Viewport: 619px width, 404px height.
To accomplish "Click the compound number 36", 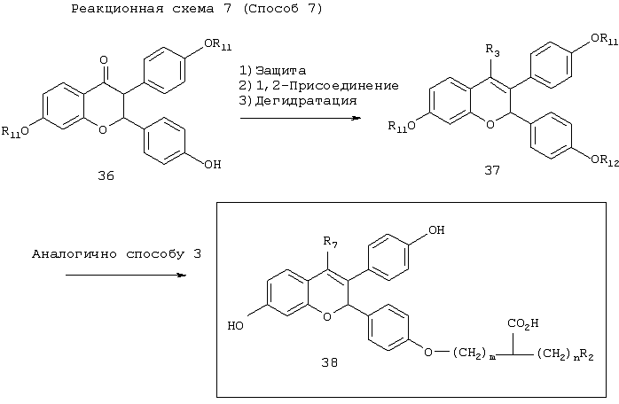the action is coord(106,175).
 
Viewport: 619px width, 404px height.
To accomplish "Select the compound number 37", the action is coord(492,170).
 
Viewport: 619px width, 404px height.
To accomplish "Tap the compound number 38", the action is coord(329,362).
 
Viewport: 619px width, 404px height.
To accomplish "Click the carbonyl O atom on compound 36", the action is coord(104,60).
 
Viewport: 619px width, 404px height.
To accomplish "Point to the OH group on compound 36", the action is coord(212,164).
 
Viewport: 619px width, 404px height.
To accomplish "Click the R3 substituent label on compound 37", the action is coord(492,50).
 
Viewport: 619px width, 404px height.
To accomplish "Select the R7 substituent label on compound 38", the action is coord(330,242).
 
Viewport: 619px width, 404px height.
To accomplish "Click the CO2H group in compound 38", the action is coord(523,324).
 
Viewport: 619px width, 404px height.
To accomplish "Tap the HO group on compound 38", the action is coord(236,326).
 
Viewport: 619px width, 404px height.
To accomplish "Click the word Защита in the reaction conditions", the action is coord(281,71).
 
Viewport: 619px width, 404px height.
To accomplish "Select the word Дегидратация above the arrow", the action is coord(306,101).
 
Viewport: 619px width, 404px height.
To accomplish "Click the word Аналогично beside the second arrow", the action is coord(74,254).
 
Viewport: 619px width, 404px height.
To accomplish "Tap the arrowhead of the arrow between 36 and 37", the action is coord(357,118).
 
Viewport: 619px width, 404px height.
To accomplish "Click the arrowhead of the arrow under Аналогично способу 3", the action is coord(181,275).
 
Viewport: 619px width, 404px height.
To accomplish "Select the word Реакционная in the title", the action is coord(117,9).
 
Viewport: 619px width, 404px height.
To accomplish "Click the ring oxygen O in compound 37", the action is coord(490,125).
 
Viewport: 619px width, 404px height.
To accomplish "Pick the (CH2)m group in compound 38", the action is coord(473,353).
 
